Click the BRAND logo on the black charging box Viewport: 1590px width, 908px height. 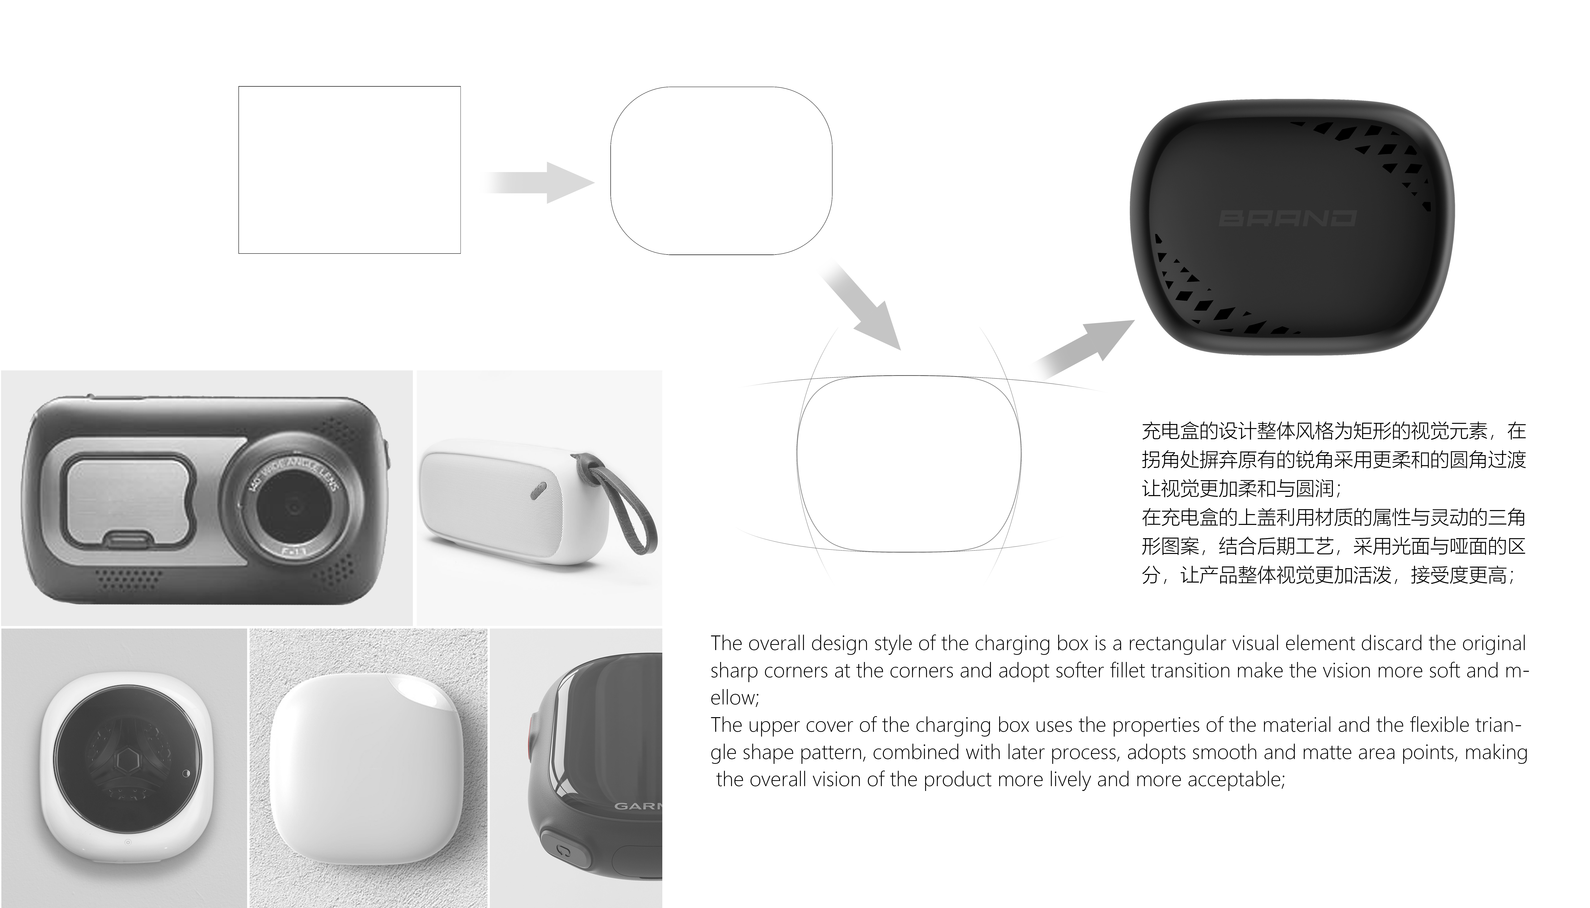pos(1287,218)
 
